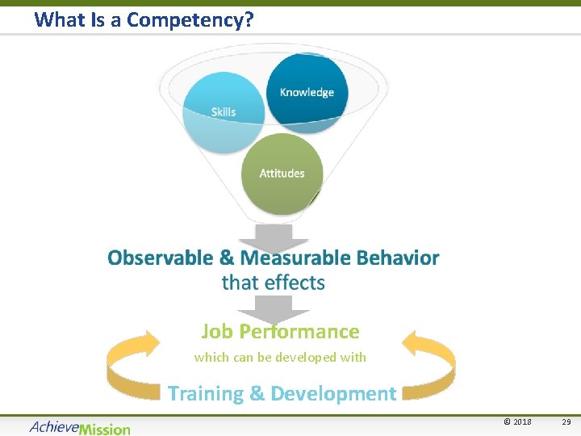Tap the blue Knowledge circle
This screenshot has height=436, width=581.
click(x=307, y=90)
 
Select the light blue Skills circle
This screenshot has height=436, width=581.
click(x=223, y=113)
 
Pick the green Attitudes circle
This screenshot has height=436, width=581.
click(x=282, y=173)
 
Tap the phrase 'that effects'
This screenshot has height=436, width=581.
click(x=274, y=283)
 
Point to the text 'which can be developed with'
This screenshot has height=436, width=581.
click(x=280, y=357)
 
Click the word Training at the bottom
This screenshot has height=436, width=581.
click(x=205, y=394)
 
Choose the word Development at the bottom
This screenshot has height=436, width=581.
click(x=333, y=394)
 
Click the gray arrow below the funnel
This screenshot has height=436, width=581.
click(x=274, y=237)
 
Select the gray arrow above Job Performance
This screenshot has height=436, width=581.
click(x=274, y=308)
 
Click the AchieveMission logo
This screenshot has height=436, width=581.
click(x=79, y=427)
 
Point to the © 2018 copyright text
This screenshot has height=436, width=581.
click(x=517, y=421)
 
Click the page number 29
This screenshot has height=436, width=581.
click(x=566, y=421)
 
